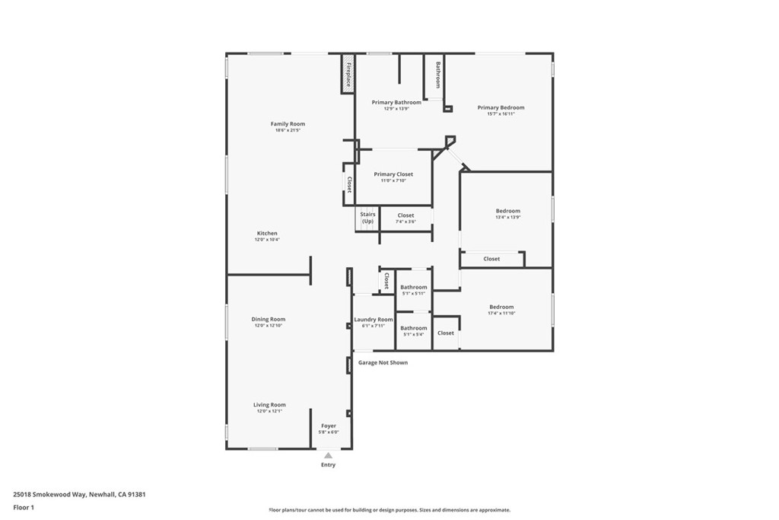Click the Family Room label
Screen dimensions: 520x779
288,124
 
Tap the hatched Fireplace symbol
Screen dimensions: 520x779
348,73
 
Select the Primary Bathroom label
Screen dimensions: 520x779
396,102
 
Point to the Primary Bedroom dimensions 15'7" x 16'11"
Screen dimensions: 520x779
501,114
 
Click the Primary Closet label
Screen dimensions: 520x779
393,174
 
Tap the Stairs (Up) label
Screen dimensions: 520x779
367,218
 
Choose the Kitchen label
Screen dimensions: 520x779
267,233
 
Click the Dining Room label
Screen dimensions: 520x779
269,319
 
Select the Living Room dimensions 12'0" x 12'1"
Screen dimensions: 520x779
269,411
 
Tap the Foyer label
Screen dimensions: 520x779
329,426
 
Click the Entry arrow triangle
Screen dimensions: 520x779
328,455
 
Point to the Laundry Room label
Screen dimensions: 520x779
374,319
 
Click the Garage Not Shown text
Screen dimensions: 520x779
383,362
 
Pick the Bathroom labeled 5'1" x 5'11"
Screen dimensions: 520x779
414,287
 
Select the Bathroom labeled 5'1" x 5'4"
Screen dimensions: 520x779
414,328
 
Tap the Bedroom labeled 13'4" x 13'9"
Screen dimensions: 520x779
508,211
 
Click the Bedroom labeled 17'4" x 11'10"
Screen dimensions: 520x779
501,307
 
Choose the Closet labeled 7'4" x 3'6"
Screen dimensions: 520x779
405,215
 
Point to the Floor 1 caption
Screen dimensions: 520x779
24,507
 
